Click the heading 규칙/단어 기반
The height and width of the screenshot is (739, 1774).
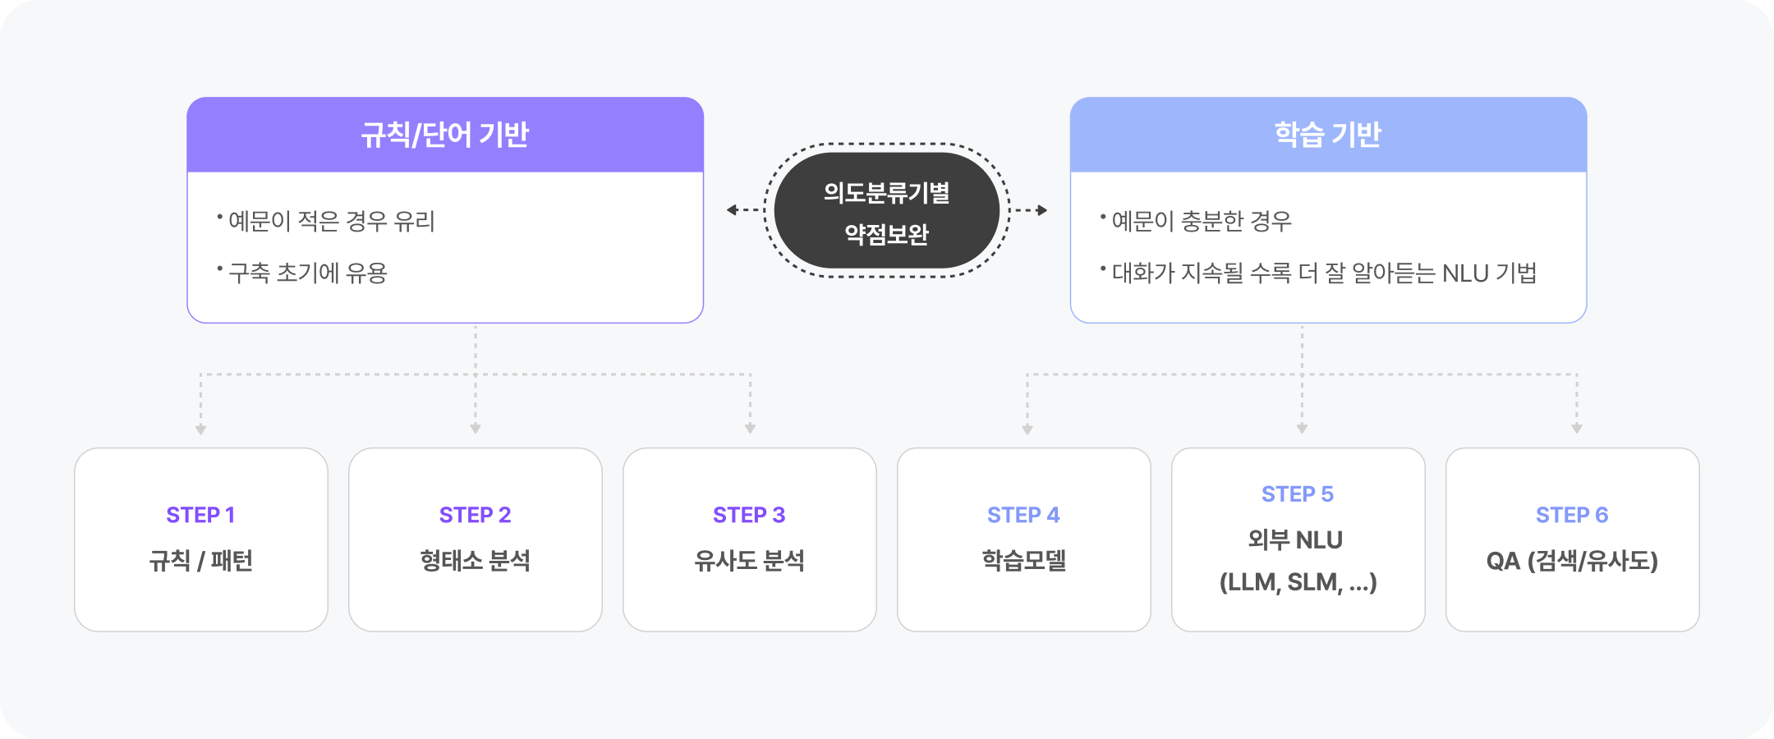click(444, 135)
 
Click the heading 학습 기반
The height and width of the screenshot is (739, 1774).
click(1327, 135)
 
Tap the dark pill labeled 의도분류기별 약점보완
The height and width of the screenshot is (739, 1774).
click(886, 211)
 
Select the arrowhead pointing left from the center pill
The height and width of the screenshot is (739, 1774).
click(732, 210)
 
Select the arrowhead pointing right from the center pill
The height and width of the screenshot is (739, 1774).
click(1042, 210)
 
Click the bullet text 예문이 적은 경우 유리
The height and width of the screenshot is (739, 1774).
click(331, 221)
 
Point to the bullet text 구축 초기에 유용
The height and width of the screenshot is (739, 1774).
click(307, 273)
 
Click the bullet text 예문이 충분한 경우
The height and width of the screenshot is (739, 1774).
click(1201, 221)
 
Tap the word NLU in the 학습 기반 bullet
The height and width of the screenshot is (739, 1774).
click(1465, 273)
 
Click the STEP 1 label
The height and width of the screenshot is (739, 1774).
click(200, 515)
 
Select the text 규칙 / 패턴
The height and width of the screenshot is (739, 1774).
click(200, 561)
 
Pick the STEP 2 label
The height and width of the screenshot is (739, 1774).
click(475, 515)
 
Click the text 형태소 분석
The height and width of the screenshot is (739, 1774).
click(475, 561)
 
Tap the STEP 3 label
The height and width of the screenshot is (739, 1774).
click(749, 515)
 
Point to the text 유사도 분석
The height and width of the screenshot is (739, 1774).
click(749, 561)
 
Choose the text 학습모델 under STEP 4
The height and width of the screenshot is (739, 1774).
click(1023, 561)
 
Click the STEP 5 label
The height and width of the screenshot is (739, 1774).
click(1298, 494)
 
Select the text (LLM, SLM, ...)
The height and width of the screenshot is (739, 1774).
click(1298, 582)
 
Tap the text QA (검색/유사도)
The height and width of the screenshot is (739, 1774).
click(1572, 561)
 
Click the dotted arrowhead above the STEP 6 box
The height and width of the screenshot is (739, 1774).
click(1576, 429)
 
